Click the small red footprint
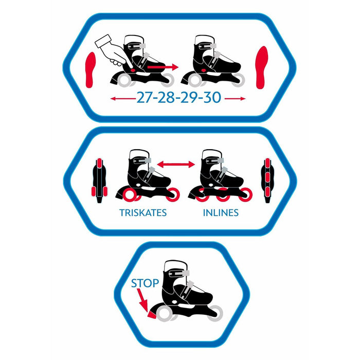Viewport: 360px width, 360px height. [90, 70]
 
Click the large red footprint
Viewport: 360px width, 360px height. [261, 67]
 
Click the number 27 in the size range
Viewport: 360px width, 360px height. [145, 98]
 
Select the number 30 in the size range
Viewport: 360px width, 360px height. [212, 98]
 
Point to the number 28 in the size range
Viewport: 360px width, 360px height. [167, 98]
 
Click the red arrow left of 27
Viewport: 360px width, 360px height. [123, 99]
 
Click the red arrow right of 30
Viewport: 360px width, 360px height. [235, 99]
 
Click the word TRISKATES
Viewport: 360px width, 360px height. [143, 213]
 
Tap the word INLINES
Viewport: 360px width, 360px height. [221, 213]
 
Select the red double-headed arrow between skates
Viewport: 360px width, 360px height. [176, 164]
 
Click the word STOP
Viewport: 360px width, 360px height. [145, 283]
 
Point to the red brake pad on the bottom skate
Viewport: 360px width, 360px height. [152, 315]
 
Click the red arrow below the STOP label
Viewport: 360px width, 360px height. [142, 300]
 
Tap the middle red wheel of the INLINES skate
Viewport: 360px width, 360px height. [223, 195]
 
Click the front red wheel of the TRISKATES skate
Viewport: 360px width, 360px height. [172, 195]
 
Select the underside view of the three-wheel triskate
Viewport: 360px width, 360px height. [99, 180]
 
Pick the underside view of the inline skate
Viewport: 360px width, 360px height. [267, 180]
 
